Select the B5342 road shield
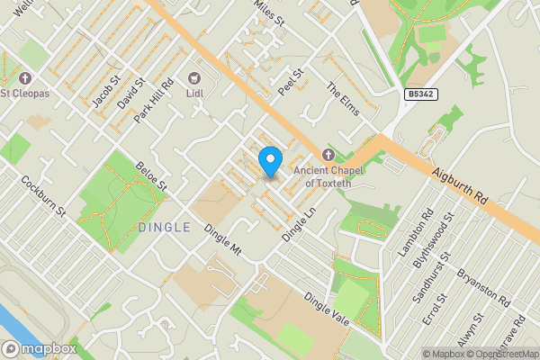coord(421,94)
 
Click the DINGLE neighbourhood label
coord(165,227)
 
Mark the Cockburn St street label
coord(45,196)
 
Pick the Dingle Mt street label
coord(222,238)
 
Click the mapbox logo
coord(39,348)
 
